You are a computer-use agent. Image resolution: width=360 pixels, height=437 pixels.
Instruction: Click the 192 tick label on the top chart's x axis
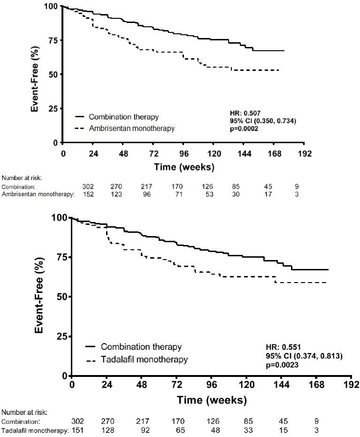click(x=305, y=153)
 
